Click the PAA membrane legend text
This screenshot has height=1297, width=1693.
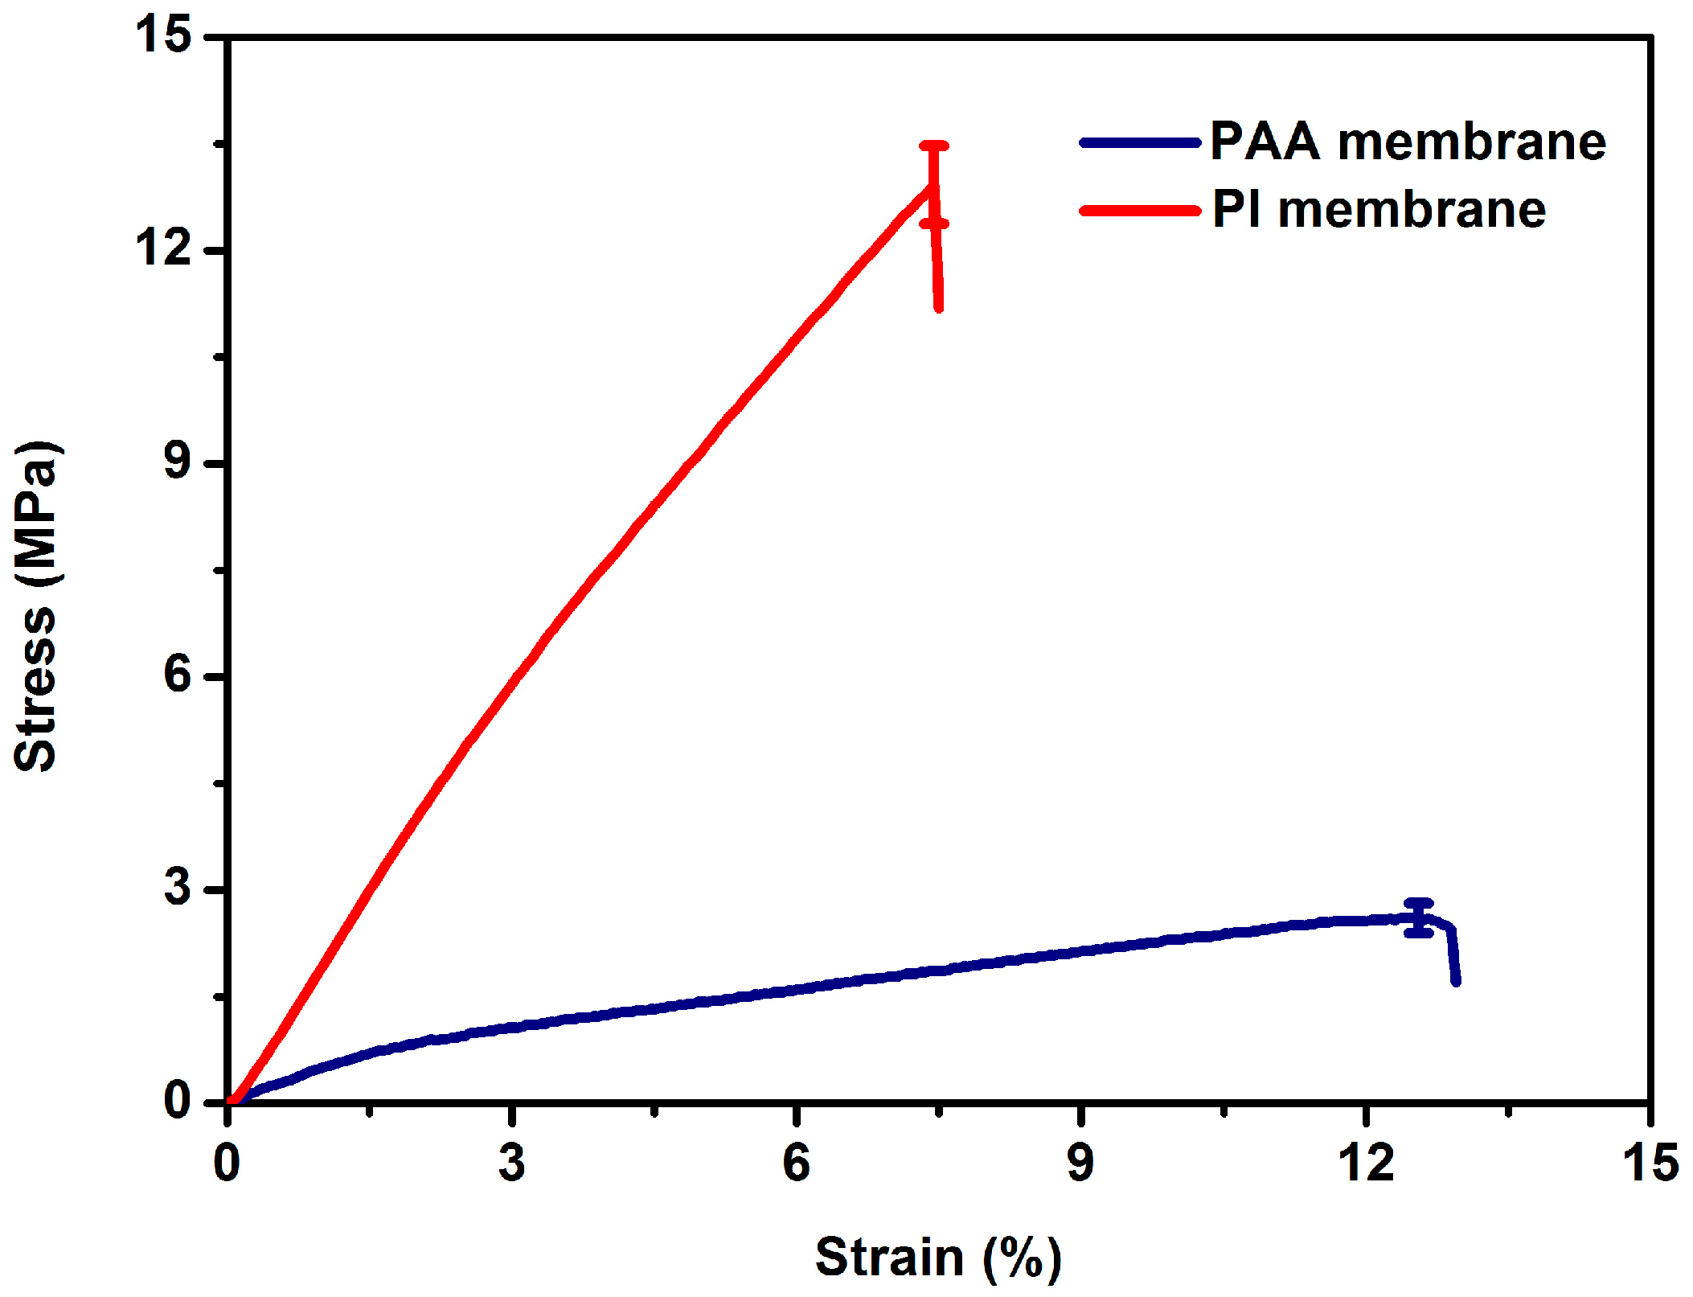(1407, 142)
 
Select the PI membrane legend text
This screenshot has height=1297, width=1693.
(1378, 211)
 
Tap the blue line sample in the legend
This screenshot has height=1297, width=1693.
(1140, 143)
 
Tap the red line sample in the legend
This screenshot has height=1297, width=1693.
(1140, 211)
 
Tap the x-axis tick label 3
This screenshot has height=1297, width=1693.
(511, 1163)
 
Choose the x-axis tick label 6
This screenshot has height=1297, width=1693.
(796, 1163)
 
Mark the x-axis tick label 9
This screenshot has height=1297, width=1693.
(1080, 1163)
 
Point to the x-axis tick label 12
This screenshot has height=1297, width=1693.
(1365, 1163)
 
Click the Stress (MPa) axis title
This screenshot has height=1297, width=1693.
(36, 607)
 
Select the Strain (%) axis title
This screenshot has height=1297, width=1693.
(937, 1257)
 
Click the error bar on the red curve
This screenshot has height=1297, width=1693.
(934, 185)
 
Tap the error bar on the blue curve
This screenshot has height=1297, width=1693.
(1419, 917)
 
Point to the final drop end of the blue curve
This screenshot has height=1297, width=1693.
(1456, 981)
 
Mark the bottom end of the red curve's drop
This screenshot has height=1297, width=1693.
(939, 307)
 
